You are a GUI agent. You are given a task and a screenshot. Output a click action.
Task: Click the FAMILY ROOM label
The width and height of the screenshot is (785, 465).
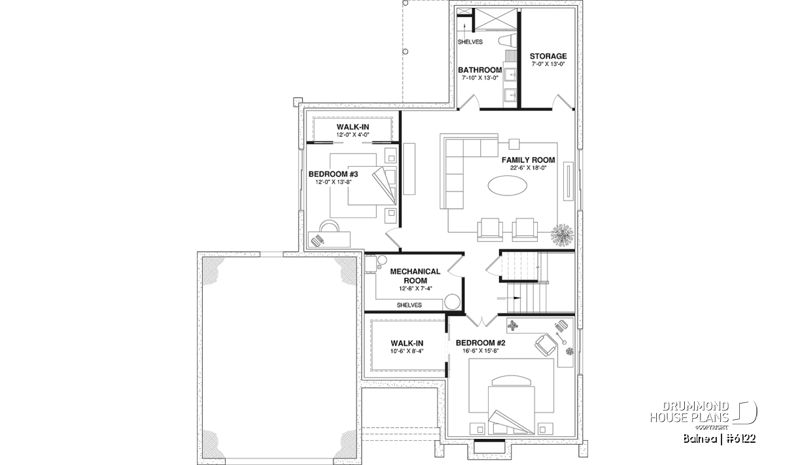pyautogui.click(x=528, y=160)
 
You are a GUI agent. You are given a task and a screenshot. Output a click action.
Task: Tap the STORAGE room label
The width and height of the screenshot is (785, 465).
pyautogui.click(x=548, y=56)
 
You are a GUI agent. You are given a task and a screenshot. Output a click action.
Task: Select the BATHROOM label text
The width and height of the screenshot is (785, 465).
pyautogui.click(x=480, y=70)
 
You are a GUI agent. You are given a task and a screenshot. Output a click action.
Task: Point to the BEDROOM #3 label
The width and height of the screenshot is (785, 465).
pyautogui.click(x=333, y=174)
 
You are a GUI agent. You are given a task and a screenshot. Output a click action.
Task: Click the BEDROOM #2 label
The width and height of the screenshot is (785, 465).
pyautogui.click(x=480, y=343)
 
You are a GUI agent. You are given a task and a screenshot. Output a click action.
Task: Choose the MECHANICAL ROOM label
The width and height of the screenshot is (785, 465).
pyautogui.click(x=415, y=276)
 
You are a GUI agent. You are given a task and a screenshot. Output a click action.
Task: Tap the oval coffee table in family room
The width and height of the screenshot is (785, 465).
pyautogui.click(x=507, y=185)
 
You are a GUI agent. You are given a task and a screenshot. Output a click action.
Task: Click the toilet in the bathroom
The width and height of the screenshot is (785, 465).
pyautogui.click(x=508, y=41)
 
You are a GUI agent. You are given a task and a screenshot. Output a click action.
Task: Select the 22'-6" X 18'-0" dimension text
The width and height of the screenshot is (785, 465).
pyautogui.click(x=528, y=168)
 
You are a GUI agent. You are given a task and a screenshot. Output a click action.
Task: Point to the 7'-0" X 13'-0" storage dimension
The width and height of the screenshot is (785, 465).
pyautogui.click(x=548, y=64)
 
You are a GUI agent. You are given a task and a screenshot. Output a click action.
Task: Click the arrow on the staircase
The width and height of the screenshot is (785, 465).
pyautogui.click(x=508, y=298)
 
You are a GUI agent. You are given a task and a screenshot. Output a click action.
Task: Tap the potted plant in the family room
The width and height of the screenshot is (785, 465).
pyautogui.click(x=562, y=235)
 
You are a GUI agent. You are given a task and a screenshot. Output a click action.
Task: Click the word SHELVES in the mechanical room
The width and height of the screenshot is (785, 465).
pyautogui.click(x=409, y=305)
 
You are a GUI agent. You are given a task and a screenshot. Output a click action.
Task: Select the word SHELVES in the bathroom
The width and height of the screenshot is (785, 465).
pyautogui.click(x=470, y=42)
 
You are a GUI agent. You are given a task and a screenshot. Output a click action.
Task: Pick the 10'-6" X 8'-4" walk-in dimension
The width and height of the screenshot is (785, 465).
pyautogui.click(x=407, y=351)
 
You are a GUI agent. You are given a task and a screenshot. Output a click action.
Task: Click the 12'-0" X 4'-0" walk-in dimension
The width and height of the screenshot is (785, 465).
pyautogui.click(x=353, y=135)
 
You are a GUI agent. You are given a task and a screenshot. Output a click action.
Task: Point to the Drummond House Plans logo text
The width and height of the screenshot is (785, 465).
pyautogui.click(x=689, y=411)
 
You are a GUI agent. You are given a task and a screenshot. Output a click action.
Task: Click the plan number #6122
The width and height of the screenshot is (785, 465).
pyautogui.click(x=741, y=439)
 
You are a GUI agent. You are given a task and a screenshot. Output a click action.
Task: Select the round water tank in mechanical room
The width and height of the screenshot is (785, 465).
pyautogui.click(x=453, y=302)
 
